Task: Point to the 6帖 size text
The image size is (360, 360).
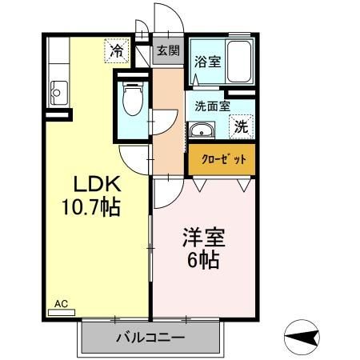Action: [205, 260]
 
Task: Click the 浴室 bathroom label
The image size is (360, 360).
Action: [210, 62]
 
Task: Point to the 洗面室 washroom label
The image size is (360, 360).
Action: [213, 105]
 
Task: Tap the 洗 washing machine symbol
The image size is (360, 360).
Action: [241, 126]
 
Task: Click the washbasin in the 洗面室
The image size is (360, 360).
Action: [201, 130]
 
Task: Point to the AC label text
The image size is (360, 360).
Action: [62, 303]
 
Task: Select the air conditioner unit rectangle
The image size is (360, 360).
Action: [67, 312]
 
